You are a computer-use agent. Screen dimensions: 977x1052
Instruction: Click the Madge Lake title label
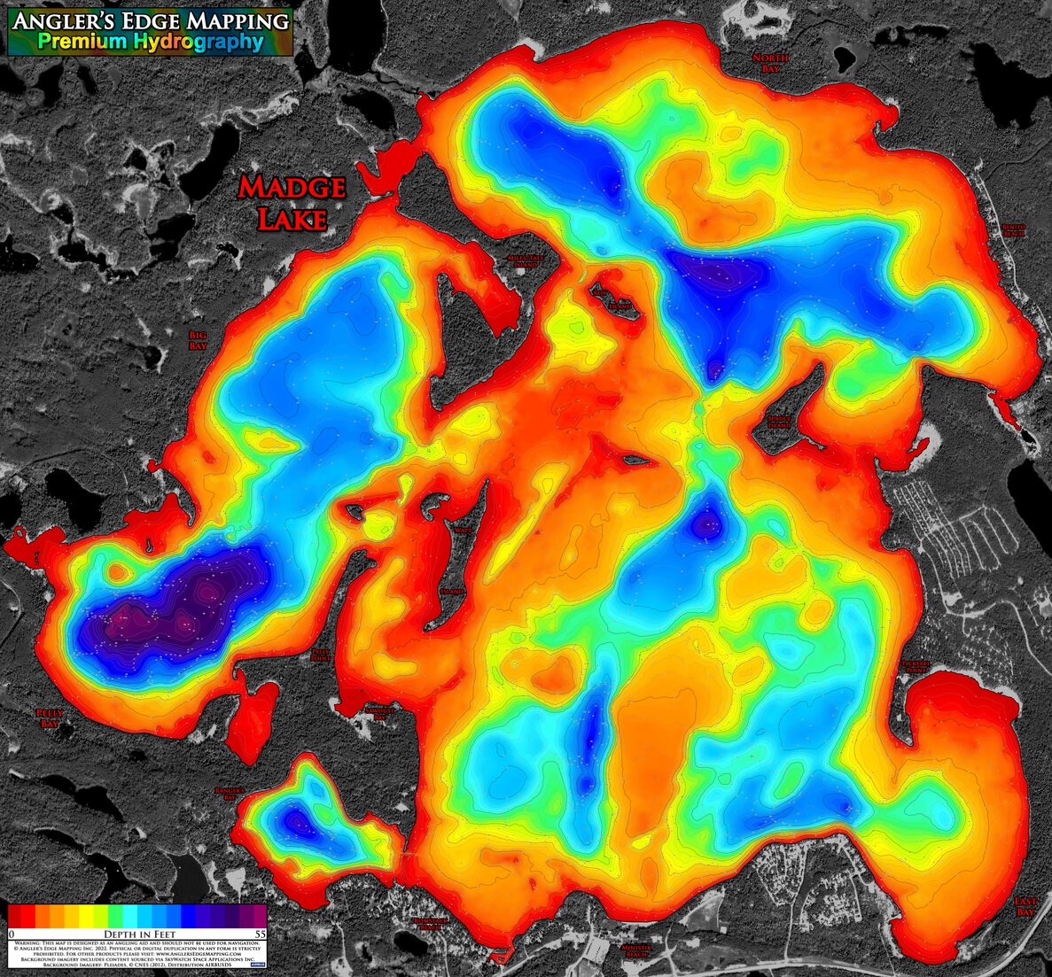291,203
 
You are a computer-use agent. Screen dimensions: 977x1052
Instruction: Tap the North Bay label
770,63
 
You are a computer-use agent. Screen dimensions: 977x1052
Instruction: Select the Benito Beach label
1013,230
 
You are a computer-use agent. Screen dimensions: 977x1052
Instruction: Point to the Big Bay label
198,340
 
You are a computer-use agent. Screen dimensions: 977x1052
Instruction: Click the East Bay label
1025,906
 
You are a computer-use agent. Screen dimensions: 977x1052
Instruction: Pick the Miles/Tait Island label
522,260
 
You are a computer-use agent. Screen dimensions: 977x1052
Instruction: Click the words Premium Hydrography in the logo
150,42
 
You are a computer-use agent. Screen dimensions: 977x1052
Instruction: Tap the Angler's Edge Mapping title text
150,19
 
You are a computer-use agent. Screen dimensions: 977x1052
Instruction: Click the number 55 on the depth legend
260,934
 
